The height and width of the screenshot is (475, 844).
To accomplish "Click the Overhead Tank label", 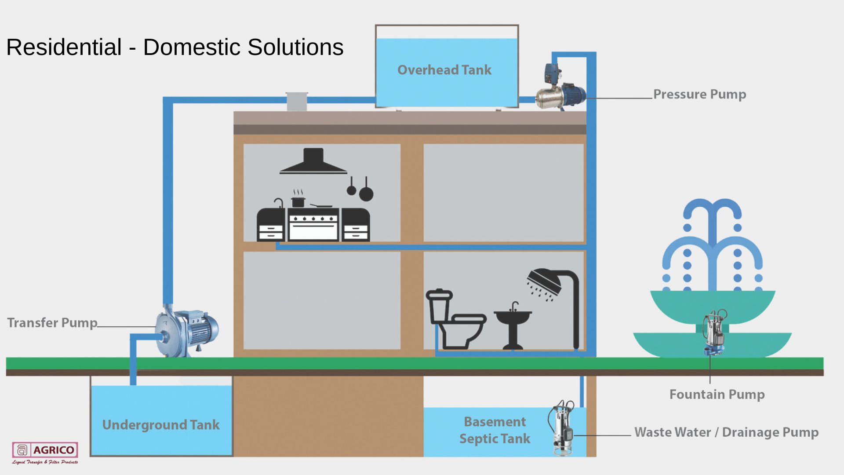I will point(444,70).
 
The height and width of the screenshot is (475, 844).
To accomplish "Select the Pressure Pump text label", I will point(699,94).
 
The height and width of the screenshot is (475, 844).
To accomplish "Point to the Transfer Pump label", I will point(52,323).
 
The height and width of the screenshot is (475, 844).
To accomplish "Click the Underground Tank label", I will point(161,425).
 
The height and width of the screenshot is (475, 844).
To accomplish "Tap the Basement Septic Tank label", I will point(495,430).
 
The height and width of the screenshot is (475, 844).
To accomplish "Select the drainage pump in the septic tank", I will point(563,429).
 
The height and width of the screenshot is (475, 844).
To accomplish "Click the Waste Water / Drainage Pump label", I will point(726,432).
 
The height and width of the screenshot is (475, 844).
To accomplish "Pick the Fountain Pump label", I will point(717,395).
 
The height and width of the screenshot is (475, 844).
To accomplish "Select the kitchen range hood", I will point(313,162).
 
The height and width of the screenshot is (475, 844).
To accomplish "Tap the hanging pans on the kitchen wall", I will point(360,189).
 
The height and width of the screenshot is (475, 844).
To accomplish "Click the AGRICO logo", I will point(45,451).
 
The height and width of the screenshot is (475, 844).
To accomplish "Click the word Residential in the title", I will point(64,47).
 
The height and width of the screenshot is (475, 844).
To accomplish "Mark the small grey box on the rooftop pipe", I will point(297,102).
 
